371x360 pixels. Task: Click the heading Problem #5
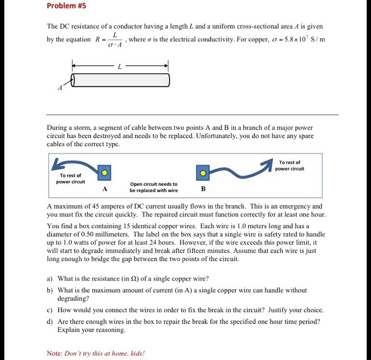click(66, 6)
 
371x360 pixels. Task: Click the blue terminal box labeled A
click(105, 173)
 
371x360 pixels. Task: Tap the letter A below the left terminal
click(105, 189)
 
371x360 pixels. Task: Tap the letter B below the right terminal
click(203, 189)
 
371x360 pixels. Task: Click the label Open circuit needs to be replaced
click(154, 187)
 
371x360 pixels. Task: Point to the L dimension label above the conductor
click(120, 66)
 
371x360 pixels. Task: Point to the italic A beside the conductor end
click(60, 88)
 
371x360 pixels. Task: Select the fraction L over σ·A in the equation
click(114, 40)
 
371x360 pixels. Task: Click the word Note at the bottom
click(54, 353)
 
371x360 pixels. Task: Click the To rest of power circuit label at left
click(70, 178)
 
